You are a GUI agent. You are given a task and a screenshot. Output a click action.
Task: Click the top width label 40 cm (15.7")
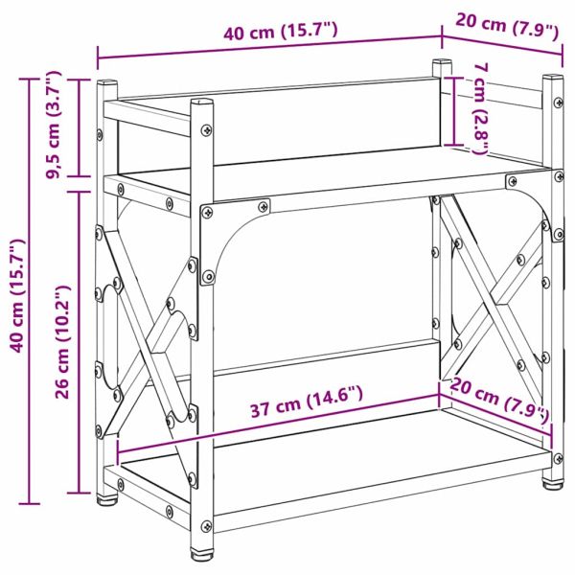click(280, 33)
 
